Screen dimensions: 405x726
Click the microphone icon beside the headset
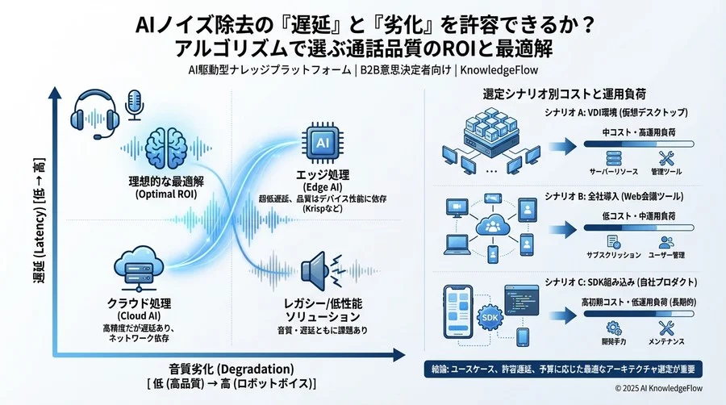click(133, 106)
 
